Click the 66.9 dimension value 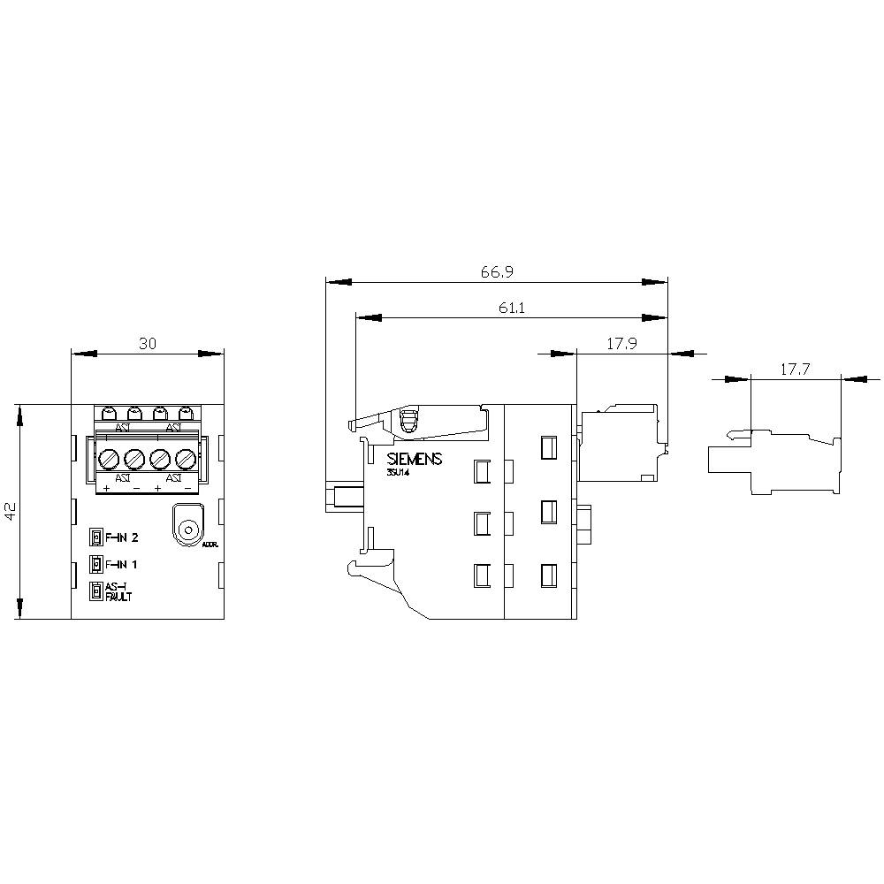(x=497, y=272)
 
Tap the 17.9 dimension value (x=621, y=344)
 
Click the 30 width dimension (x=148, y=344)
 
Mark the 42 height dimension (x=11, y=512)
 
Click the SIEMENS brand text (x=414, y=460)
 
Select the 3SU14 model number (x=398, y=475)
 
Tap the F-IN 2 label (x=123, y=537)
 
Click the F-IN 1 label (x=122, y=564)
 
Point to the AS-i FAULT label (x=118, y=592)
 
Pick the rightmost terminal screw (x=185, y=460)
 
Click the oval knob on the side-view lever (x=408, y=423)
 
